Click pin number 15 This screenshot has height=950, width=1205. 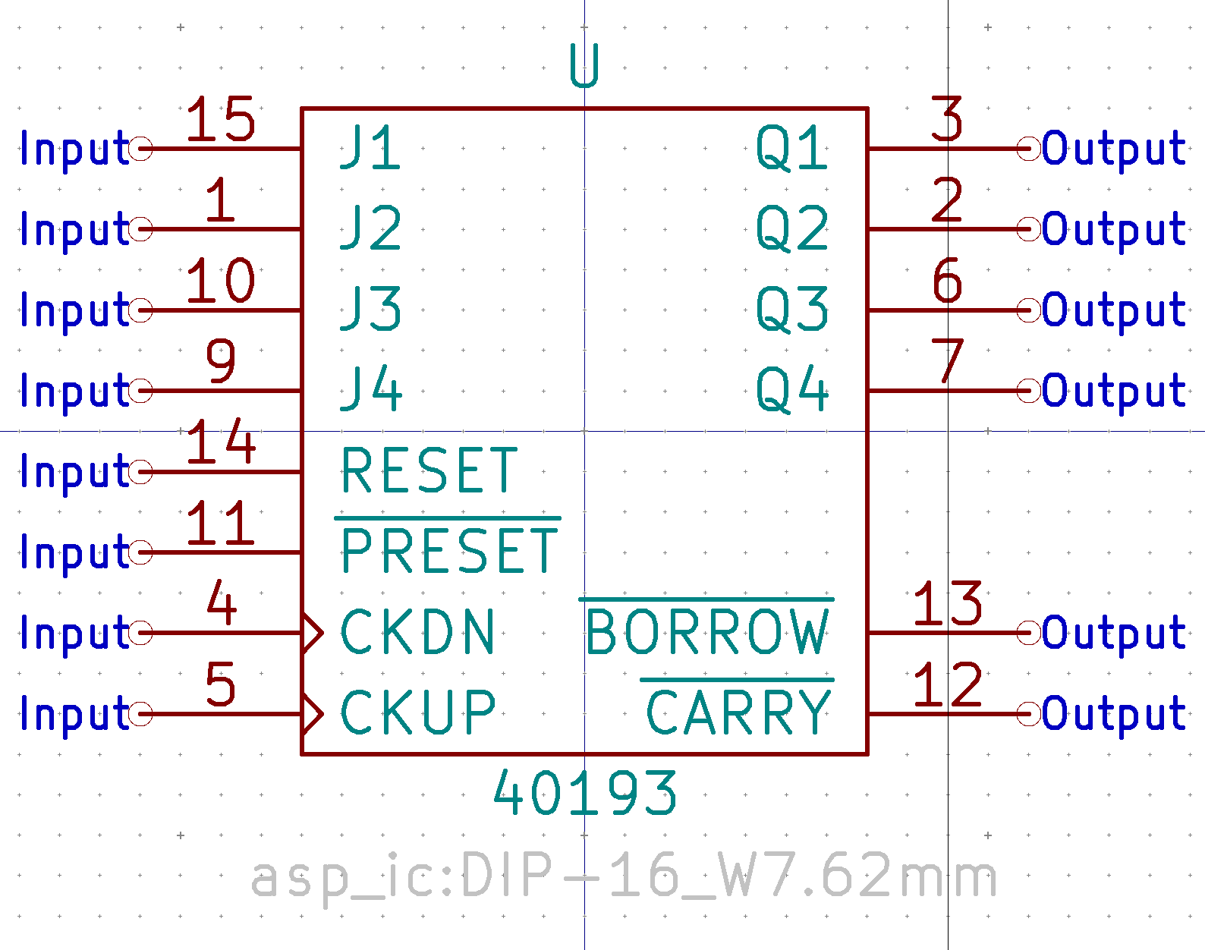click(220, 120)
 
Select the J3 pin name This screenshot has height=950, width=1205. click(370, 309)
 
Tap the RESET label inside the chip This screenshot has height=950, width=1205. click(429, 470)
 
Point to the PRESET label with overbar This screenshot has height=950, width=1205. click(449, 550)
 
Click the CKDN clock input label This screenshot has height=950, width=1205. click(418, 632)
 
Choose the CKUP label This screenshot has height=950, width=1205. click(418, 712)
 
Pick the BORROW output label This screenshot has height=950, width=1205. click(708, 632)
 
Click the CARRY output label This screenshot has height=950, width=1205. click(738, 712)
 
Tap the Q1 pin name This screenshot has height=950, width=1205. click(791, 148)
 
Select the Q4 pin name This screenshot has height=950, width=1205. click(791, 390)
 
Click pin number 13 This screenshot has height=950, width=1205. click(947, 604)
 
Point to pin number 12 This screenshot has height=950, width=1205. click(947, 684)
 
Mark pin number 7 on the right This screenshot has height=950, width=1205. click(947, 361)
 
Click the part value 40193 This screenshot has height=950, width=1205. click(584, 794)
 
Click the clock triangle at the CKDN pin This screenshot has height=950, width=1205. click(312, 632)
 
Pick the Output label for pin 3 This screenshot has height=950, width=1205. click(1113, 148)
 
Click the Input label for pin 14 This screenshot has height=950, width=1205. click(74, 472)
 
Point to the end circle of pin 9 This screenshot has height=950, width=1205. click(141, 391)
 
